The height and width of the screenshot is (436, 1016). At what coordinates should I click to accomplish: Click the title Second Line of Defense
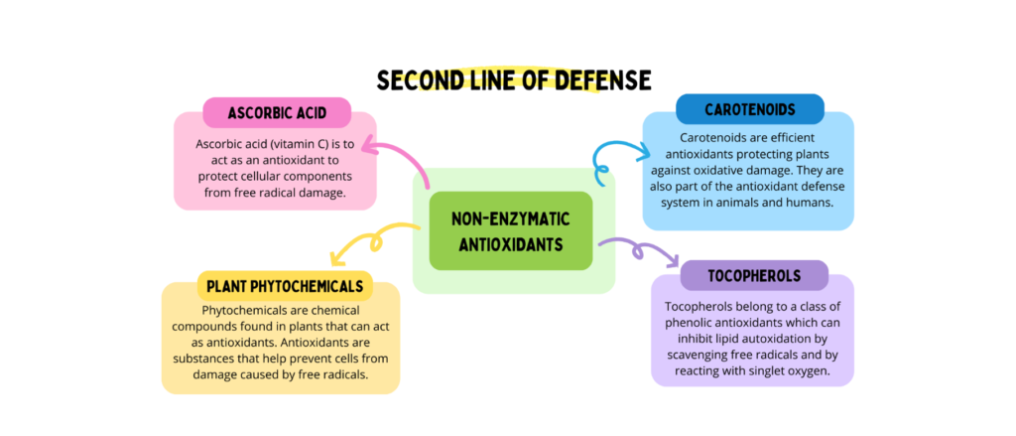pyautogui.click(x=513, y=79)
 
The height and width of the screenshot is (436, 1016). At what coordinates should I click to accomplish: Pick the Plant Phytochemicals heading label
pyautogui.click(x=285, y=287)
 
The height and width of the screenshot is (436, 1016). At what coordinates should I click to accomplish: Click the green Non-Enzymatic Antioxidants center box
pyautogui.click(x=510, y=230)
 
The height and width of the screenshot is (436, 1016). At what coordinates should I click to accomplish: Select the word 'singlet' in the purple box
pyautogui.click(x=753, y=371)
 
